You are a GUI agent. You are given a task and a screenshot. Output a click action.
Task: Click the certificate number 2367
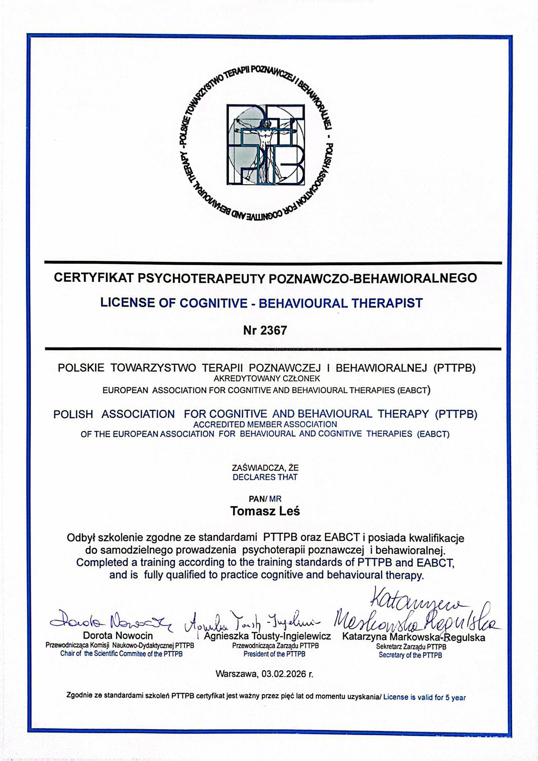pyautogui.click(x=274, y=330)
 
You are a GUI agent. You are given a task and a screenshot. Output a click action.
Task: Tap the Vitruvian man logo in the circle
pyautogui.click(x=265, y=144)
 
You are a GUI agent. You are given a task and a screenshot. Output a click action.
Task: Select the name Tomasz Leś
pyautogui.click(x=265, y=511)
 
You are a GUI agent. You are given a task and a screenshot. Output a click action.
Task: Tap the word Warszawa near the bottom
pyautogui.click(x=236, y=674)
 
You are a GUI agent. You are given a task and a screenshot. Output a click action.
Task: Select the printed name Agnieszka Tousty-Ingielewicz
pyautogui.click(x=267, y=636)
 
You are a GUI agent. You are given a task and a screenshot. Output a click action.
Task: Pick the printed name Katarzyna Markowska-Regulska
pyautogui.click(x=414, y=637)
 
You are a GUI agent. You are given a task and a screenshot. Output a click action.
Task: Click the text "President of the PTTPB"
pyautogui.click(x=274, y=654)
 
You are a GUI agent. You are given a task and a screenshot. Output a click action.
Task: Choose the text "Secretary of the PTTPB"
pyautogui.click(x=410, y=655)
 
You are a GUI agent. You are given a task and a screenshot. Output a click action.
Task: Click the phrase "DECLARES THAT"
pyautogui.click(x=265, y=477)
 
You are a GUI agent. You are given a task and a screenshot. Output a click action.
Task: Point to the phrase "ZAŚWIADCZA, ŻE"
pyautogui.click(x=265, y=468)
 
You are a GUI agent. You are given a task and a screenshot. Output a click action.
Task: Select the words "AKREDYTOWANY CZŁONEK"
pyautogui.click(x=267, y=379)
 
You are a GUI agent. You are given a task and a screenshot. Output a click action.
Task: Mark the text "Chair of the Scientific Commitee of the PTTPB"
pyautogui.click(x=121, y=654)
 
